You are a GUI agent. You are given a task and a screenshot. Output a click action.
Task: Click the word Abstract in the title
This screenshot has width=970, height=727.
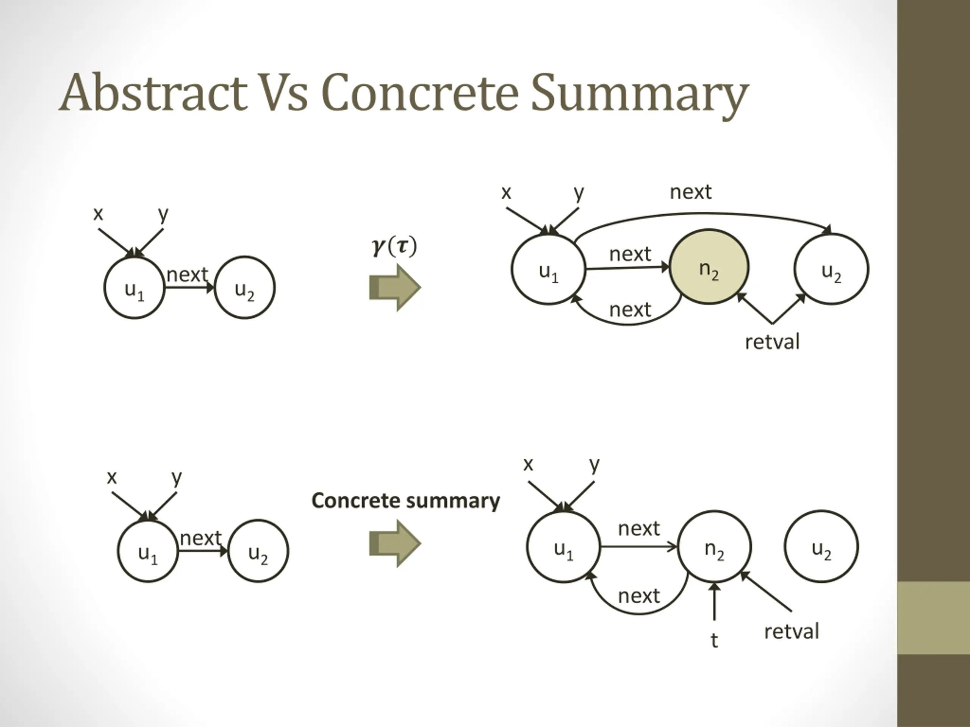point(153,92)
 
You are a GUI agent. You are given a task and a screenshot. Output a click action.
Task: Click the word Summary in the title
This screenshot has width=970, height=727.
point(639,95)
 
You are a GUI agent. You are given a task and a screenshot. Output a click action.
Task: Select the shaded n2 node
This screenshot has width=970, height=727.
point(709,267)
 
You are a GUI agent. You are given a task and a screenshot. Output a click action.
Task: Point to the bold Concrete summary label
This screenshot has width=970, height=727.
point(406,501)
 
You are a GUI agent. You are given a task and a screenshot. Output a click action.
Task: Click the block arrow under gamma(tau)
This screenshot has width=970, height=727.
point(395,287)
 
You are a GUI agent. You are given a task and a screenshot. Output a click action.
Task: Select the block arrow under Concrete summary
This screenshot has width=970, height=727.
point(395,544)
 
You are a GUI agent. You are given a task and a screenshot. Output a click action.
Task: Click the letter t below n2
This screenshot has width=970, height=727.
point(714,640)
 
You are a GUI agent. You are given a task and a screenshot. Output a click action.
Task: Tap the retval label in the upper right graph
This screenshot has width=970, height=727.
point(772,342)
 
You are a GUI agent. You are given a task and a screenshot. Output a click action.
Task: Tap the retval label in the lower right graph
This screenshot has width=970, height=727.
point(792,632)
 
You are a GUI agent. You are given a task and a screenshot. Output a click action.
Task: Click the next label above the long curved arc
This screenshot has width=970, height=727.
point(691,192)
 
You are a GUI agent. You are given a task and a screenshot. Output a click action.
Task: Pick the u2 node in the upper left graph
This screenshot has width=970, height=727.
point(245,288)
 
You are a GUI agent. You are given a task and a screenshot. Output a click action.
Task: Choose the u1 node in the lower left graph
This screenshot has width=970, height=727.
point(148,551)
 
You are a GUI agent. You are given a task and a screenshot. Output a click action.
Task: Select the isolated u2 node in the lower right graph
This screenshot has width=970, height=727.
point(821,546)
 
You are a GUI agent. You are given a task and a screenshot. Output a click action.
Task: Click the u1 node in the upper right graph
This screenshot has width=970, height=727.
point(549,269)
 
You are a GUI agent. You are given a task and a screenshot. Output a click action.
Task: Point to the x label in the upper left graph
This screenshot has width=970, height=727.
point(98,214)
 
